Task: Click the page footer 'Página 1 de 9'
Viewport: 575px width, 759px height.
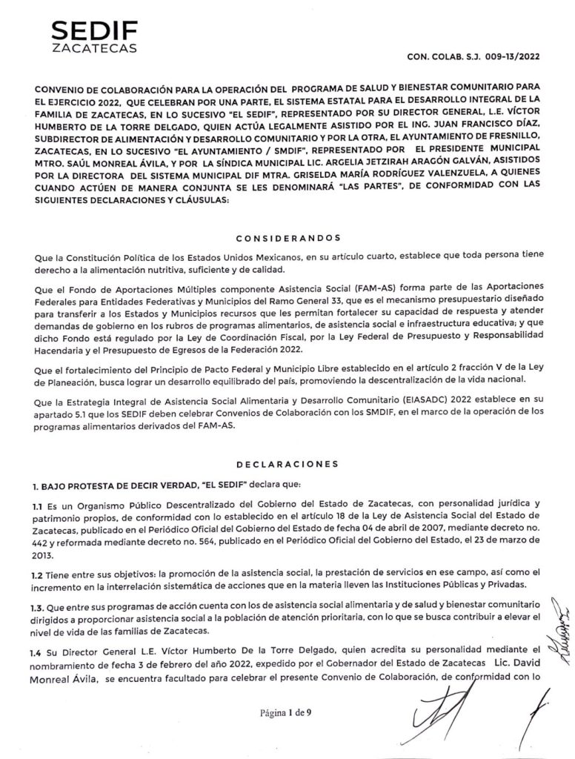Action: coord(286,714)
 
